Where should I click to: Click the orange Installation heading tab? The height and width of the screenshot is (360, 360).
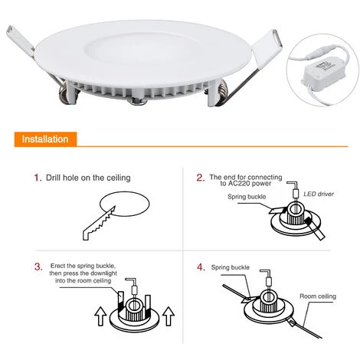click(x=45, y=139)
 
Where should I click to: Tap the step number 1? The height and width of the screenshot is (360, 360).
click(x=38, y=178)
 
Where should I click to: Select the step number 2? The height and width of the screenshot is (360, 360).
click(x=201, y=178)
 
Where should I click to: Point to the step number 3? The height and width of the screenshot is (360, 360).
click(x=38, y=267)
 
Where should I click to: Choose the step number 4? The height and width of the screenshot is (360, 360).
click(x=201, y=267)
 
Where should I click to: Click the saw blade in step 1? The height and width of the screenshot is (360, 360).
click(x=99, y=223)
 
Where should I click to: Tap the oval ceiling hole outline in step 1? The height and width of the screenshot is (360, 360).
click(x=124, y=192)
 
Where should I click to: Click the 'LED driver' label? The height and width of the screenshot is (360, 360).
click(x=319, y=194)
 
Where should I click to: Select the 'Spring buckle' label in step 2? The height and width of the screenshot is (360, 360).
click(x=247, y=197)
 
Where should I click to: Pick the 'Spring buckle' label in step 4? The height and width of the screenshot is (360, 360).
click(x=231, y=267)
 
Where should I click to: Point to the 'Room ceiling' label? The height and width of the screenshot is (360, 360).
click(x=318, y=296)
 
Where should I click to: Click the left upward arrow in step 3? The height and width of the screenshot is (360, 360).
click(x=100, y=316)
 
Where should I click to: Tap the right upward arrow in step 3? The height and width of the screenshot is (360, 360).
click(x=169, y=316)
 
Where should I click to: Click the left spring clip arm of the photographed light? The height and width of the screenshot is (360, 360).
click(x=21, y=41)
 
